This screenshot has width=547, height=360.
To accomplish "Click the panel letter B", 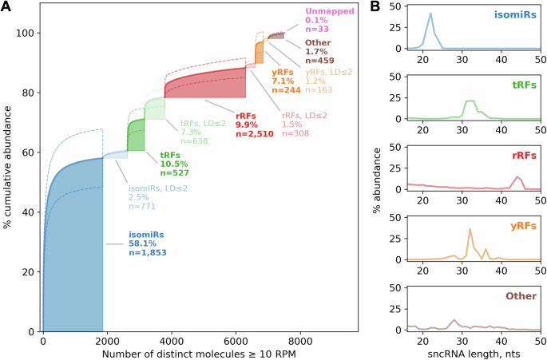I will click(374, 7).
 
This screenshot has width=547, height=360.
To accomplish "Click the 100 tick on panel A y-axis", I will click(26, 33).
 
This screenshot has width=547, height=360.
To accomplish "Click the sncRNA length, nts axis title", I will click(473, 352).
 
